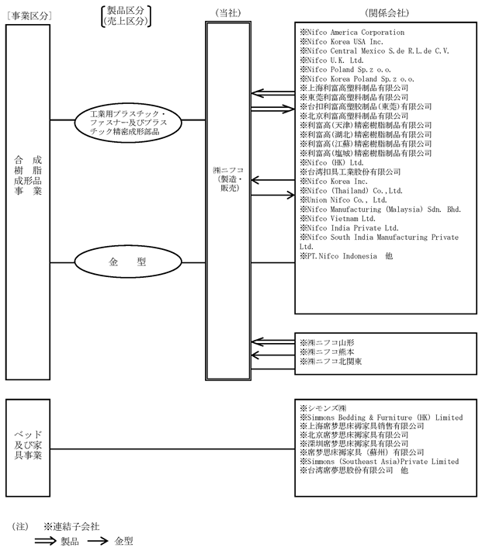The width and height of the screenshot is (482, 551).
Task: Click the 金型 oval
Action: (128, 262)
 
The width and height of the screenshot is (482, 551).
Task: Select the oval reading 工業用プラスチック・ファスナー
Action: (128, 123)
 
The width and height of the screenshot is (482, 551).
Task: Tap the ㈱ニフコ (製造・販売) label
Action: (228, 179)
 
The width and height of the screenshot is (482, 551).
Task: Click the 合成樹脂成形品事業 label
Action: (28, 175)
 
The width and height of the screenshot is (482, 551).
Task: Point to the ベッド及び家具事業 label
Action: (28, 445)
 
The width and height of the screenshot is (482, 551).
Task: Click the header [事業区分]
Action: (29, 16)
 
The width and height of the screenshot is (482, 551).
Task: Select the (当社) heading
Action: (228, 13)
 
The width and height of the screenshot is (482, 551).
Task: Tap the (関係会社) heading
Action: (387, 13)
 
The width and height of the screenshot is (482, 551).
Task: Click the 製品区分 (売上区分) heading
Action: (126, 16)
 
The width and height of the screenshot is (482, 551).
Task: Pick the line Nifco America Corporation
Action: (352, 33)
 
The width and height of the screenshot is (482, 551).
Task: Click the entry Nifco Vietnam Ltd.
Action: (338, 219)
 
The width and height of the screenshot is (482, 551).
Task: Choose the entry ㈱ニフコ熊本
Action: (327, 352)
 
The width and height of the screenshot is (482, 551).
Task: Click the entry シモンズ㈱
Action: (323, 408)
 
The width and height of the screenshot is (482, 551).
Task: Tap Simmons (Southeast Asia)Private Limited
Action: (380, 462)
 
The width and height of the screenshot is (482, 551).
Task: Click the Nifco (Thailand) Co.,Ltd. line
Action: (351, 191)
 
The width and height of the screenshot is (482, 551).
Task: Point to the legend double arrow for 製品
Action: (45, 541)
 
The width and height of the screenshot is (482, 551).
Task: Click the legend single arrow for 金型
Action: (98, 541)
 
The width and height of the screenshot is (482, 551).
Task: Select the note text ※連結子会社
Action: (71, 526)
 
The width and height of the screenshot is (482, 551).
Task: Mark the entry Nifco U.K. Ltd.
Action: (331, 60)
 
